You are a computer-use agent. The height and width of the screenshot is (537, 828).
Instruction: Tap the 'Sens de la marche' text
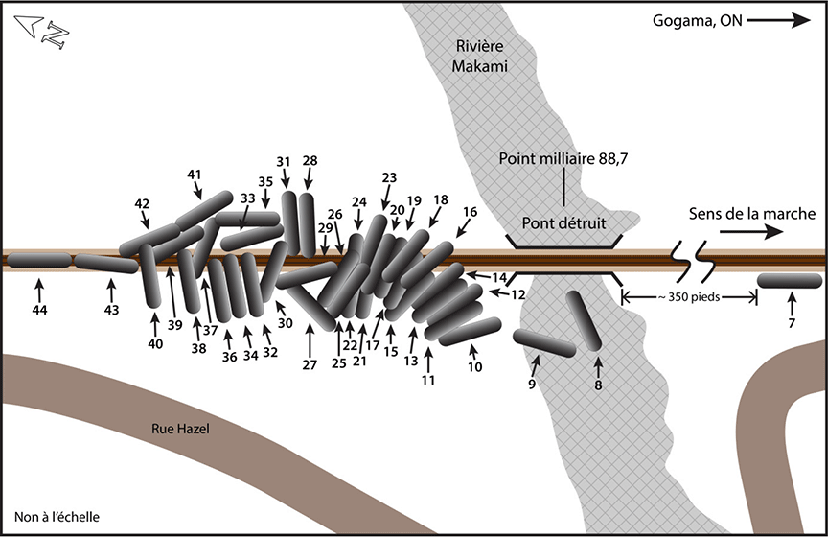coord(750,213)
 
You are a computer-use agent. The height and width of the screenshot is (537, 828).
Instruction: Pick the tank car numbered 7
coord(791,280)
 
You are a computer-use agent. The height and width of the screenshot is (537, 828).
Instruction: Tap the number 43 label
coord(111,311)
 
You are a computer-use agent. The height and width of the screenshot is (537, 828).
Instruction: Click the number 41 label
coord(195,174)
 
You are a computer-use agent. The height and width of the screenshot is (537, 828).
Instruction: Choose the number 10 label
coord(475,366)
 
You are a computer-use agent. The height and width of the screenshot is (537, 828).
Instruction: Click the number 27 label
coord(309,364)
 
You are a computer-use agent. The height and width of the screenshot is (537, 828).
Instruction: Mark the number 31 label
coord(284,160)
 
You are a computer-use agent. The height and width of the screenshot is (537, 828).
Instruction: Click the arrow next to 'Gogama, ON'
coord(774,20)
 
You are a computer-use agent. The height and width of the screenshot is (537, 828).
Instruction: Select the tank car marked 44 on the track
coord(38,259)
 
